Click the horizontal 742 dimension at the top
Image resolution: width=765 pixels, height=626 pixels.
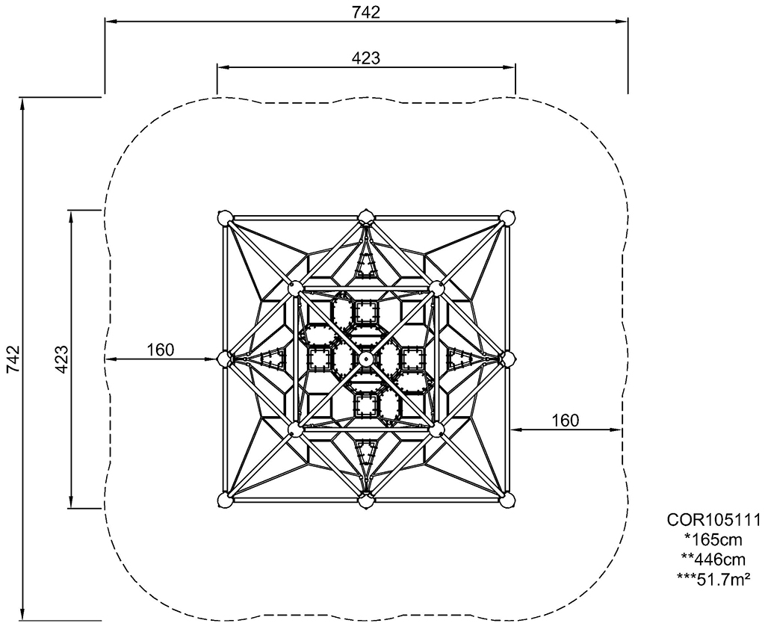tap(366, 12)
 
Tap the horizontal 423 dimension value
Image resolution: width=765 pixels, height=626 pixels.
tap(366, 58)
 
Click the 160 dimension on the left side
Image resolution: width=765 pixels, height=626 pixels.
tap(161, 350)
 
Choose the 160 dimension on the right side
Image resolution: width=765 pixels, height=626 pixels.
tap(566, 420)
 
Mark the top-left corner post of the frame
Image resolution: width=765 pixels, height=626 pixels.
tap(224, 217)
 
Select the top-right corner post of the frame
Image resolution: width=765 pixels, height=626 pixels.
tap(507, 217)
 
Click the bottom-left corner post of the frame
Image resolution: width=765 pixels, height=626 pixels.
tap(224, 500)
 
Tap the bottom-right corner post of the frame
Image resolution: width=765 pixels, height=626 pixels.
tap(507, 500)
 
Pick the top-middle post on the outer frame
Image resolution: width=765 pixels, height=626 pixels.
tap(365, 217)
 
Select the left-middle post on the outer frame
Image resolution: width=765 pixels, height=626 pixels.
tap(224, 359)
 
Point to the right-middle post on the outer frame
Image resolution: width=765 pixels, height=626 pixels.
tap(507, 359)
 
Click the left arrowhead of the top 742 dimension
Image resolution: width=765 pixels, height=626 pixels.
tap(111, 22)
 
